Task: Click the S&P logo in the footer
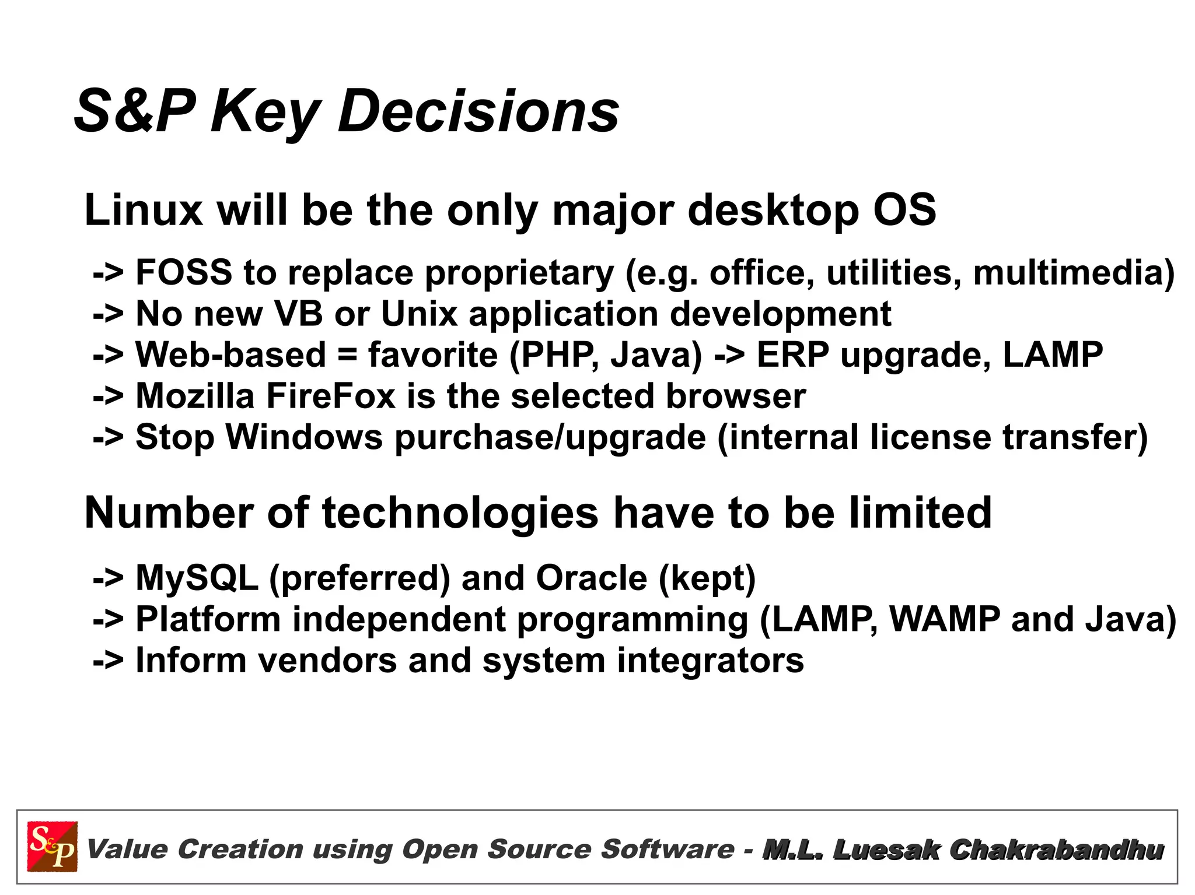[52, 847]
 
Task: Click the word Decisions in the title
[478, 111]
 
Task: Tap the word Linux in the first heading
[144, 210]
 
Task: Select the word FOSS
[184, 272]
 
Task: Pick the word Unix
[419, 314]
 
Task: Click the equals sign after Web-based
[347, 356]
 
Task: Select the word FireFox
[331, 396]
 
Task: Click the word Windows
[304, 437]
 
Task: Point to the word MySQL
[197, 578]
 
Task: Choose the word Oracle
[591, 578]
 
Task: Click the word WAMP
[945, 619]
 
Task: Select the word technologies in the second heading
[460, 513]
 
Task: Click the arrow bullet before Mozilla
[108, 397]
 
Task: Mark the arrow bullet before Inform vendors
[108, 661]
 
